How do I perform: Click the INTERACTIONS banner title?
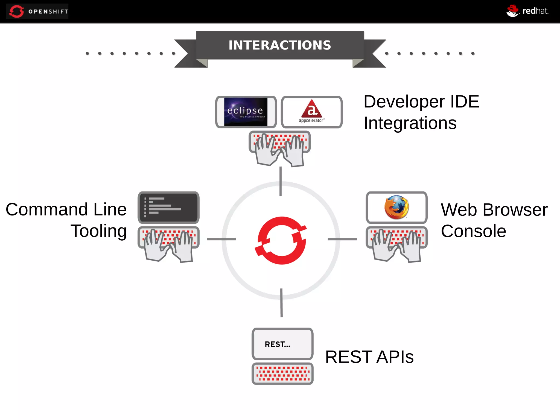(280, 45)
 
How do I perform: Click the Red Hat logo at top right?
(527, 11)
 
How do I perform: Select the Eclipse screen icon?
(246, 112)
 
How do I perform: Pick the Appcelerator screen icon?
(311, 112)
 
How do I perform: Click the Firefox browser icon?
(396, 207)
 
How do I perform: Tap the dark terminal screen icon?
(168, 207)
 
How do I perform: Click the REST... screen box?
(282, 344)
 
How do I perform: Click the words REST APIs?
(369, 357)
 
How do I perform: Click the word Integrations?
(410, 123)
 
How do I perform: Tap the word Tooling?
(99, 231)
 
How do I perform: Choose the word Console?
(473, 231)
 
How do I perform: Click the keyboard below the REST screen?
(282, 374)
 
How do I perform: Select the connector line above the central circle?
(281, 181)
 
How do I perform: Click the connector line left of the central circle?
(221, 239)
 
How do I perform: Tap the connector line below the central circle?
(281, 303)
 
